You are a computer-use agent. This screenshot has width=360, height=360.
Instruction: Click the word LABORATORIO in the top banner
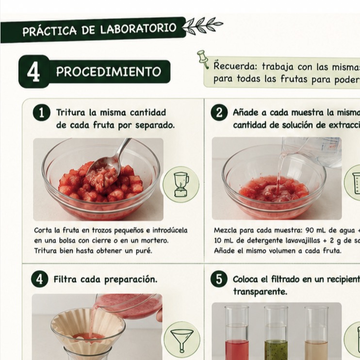pos(138,29)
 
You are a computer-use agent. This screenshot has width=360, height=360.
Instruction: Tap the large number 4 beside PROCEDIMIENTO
pos(33,72)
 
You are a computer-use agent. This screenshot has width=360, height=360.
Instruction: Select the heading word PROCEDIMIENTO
pos(109,72)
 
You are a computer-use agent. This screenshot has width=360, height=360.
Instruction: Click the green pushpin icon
pos(203,59)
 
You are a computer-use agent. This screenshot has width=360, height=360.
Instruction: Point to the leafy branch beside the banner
pos(202,25)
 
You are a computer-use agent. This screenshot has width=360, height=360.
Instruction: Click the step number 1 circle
pos(42,113)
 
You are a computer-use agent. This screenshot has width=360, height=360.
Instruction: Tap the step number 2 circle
pos(219,113)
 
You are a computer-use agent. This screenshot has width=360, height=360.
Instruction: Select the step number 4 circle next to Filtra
pos(39,279)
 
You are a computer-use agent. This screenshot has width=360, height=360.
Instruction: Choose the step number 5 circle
pos(219,279)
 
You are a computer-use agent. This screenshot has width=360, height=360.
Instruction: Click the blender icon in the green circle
pos(181,184)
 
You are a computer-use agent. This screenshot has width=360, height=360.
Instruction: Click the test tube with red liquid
pos(237,332)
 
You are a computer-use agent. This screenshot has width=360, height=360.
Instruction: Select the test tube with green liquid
pos(276,332)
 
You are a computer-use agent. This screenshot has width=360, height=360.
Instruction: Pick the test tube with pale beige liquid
pos(316,332)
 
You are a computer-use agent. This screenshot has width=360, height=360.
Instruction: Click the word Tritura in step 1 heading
pos(71,113)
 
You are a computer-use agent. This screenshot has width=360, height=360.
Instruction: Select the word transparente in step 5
pos(260,292)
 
